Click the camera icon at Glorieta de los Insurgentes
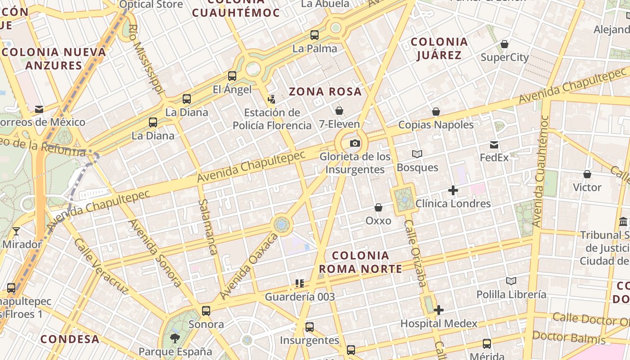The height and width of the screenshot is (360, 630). coord(355,144)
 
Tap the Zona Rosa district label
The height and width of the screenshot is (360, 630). coord(325,92)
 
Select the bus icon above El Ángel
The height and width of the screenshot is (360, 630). coord(232,76)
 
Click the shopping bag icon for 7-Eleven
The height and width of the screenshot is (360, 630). coord(339,110)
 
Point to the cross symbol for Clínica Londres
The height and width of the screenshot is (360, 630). coord(453,190)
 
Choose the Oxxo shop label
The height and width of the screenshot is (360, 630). coord(378,221)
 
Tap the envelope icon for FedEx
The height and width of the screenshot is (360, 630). coord(494,145)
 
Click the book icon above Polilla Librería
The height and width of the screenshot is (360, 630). coord(511,281)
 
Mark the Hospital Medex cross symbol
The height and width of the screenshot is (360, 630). coord(439,310)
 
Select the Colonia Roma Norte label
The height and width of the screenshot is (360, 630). coord(360,262)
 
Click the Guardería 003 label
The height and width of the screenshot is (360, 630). coord(300,297)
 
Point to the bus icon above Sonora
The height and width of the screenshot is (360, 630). coord(206,310)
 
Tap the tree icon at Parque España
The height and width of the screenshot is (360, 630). coord(175,338)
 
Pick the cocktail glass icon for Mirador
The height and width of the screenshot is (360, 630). coord(16,231)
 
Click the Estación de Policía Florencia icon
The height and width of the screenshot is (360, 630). coord(271,99)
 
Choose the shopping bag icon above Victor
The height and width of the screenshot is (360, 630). coord(587,174)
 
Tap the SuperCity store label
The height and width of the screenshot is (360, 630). coord(504,58)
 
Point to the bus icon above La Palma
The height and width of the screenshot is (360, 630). coord(315,35)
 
